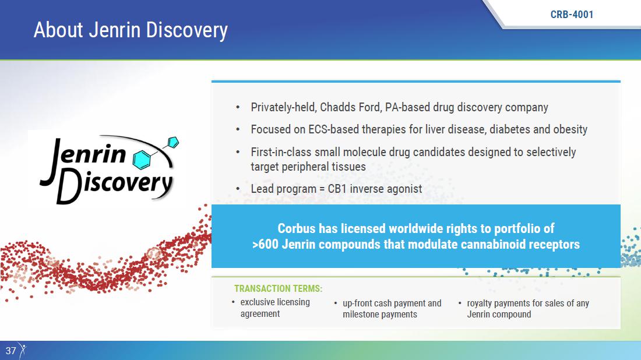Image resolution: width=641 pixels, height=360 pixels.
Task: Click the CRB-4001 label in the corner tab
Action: pyautogui.click(x=572, y=15)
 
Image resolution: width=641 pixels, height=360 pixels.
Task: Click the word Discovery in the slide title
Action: pyautogui.click(x=187, y=31)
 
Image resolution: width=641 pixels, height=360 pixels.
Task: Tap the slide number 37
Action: pyautogui.click(x=10, y=351)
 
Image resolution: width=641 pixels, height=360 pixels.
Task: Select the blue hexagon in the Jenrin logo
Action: pyautogui.click(x=142, y=160)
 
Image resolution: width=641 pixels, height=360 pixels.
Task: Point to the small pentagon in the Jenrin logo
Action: pyautogui.click(x=173, y=142)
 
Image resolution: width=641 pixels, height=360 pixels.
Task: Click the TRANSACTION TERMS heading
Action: pyautogui.click(x=278, y=288)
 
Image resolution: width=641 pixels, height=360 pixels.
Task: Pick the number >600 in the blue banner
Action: pyautogui.click(x=265, y=244)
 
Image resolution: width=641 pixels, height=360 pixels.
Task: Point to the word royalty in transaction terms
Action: pyautogui.click(x=481, y=303)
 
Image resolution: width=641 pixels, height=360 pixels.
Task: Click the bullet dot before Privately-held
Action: pyautogui.click(x=238, y=107)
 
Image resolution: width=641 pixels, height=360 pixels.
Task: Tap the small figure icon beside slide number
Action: pyautogui.click(x=23, y=351)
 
